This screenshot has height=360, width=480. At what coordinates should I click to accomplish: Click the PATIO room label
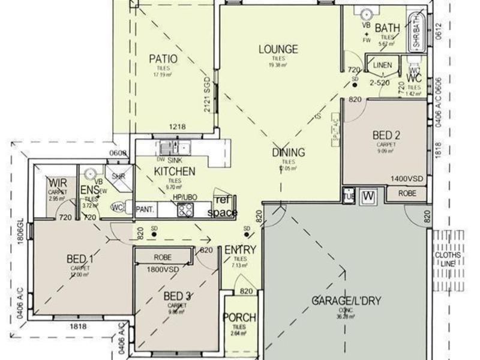pos(163,59)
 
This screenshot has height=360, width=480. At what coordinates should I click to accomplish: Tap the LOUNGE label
pos(278,49)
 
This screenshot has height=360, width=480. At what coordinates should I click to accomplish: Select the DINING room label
pos(288,152)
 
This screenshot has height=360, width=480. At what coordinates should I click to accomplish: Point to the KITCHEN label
pos(175,172)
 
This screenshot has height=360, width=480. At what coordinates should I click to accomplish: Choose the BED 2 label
pos(386,135)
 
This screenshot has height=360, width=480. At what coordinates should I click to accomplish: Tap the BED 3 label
pos(177,296)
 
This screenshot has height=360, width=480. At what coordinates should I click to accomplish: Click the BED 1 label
pos(80,259)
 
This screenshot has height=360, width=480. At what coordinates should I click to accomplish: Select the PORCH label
pos(239,317)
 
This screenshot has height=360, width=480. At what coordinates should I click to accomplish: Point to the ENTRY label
pos(241,250)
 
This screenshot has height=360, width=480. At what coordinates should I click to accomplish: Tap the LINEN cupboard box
pos(382,65)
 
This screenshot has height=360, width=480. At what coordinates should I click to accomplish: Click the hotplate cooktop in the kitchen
pos(185,210)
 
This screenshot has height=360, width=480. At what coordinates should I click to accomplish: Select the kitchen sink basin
pos(173,148)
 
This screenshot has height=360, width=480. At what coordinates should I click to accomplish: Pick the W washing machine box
pos(368,196)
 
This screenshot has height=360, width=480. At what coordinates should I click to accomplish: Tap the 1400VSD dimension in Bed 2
pos(406,179)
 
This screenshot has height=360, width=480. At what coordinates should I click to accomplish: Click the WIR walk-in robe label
pos(58,182)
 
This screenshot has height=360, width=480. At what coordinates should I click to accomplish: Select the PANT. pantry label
pos(145,209)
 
